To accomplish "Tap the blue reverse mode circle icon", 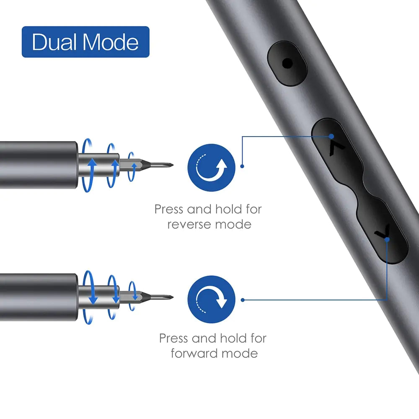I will [x=211, y=168].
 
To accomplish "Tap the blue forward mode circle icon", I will [x=211, y=299].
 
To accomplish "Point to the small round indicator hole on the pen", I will [x=287, y=64].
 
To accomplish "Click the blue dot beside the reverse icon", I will [x=242, y=166].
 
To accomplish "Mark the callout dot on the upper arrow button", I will [x=331, y=136].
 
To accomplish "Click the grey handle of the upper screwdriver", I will [x=38, y=165].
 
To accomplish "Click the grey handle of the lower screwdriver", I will [x=38, y=297].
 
